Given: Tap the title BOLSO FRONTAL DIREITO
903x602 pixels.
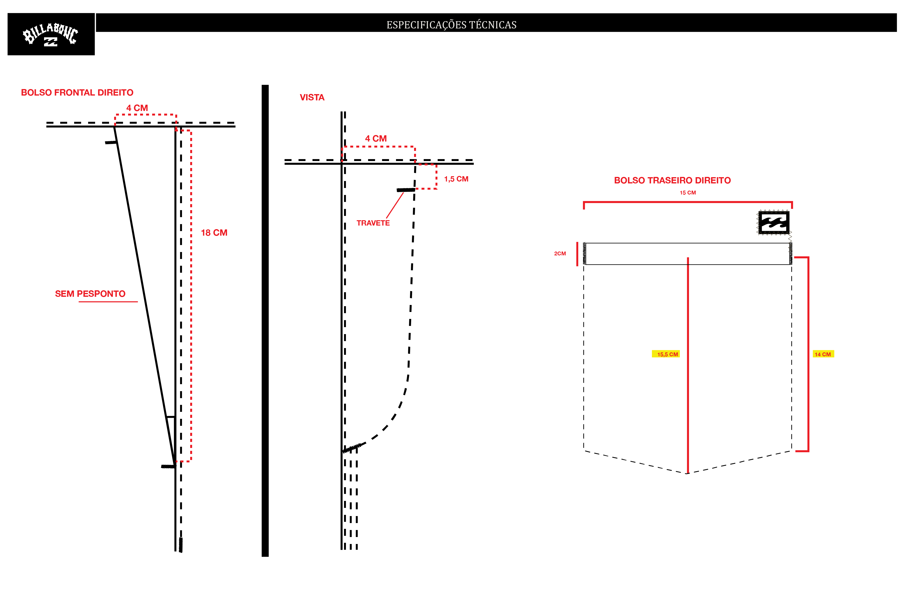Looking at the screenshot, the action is pyautogui.click(x=77, y=92).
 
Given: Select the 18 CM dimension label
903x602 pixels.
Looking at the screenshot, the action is pyautogui.click(x=214, y=233).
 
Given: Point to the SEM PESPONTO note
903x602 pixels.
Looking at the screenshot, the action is pyautogui.click(x=90, y=294).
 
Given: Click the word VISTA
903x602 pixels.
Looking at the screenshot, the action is pyautogui.click(x=312, y=97).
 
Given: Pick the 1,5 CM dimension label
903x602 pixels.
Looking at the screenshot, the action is pyautogui.click(x=456, y=179).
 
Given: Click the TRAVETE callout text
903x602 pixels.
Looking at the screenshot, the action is pyautogui.click(x=373, y=223).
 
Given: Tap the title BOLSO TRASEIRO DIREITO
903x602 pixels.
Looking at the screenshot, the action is pyautogui.click(x=672, y=181).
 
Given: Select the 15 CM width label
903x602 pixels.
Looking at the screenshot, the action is pyautogui.click(x=688, y=193).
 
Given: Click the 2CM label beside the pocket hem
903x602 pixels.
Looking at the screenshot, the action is pyautogui.click(x=560, y=253).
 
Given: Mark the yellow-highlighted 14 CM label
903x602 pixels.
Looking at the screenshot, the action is pyautogui.click(x=823, y=354).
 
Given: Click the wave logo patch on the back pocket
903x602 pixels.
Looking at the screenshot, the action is pyautogui.click(x=774, y=222).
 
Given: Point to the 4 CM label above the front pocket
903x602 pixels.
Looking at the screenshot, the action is pyautogui.click(x=137, y=108).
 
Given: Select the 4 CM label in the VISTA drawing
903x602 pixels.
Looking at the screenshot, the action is pyautogui.click(x=376, y=139).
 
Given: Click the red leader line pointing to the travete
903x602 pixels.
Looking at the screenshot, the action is pyautogui.click(x=395, y=205).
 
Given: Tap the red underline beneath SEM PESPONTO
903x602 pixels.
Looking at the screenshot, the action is pyautogui.click(x=108, y=302).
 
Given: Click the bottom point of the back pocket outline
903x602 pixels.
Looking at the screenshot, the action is pyautogui.click(x=687, y=474).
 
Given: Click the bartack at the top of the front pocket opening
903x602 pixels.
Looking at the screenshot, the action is pyautogui.click(x=111, y=142).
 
